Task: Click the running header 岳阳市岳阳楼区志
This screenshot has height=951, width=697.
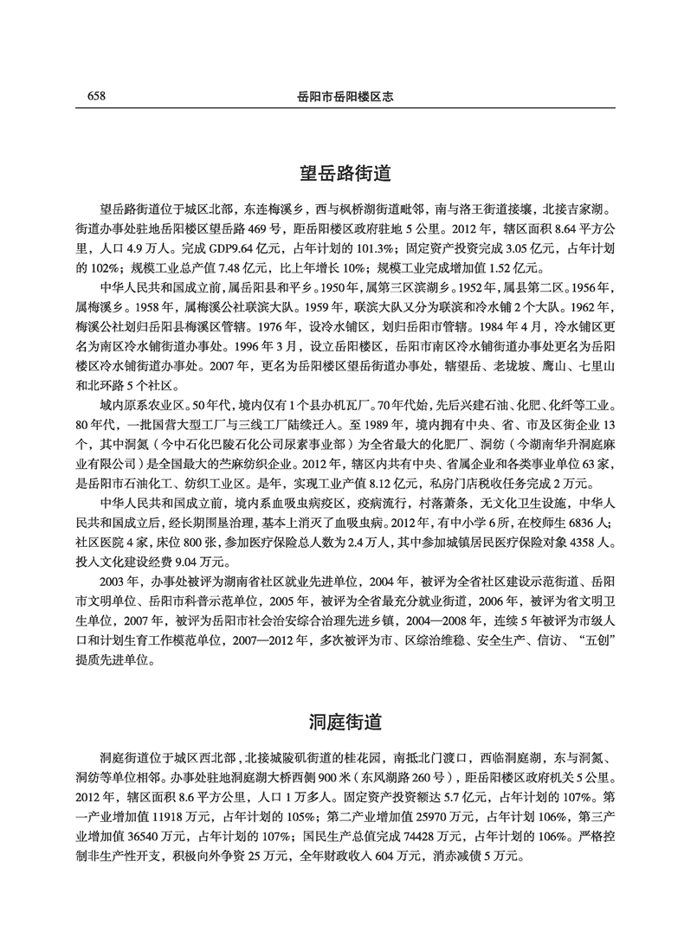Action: coord(346,95)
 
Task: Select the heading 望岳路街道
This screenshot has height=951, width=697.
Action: coord(348,174)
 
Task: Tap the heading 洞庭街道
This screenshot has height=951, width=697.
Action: coord(348,721)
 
